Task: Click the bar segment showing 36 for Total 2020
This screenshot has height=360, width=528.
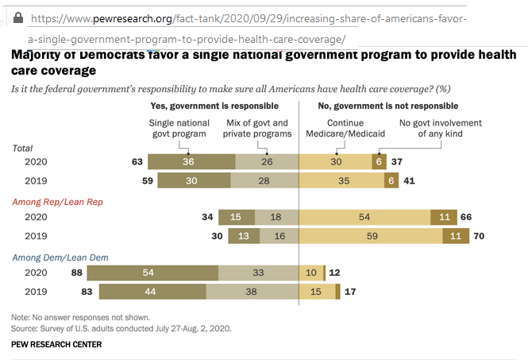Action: coord(188,162)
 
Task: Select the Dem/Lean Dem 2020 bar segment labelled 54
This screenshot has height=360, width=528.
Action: coord(147,272)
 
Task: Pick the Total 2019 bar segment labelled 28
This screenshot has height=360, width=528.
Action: coord(266,180)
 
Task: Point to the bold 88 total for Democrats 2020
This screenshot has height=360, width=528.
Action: coord(77,272)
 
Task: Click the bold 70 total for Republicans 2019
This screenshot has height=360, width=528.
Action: coord(479,236)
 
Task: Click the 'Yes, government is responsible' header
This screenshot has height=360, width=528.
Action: coord(214,105)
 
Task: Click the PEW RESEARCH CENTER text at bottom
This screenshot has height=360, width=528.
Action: coord(56,344)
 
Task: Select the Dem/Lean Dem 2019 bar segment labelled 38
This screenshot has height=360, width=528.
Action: coord(252,291)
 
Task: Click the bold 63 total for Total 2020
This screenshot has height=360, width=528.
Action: coord(137,162)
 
